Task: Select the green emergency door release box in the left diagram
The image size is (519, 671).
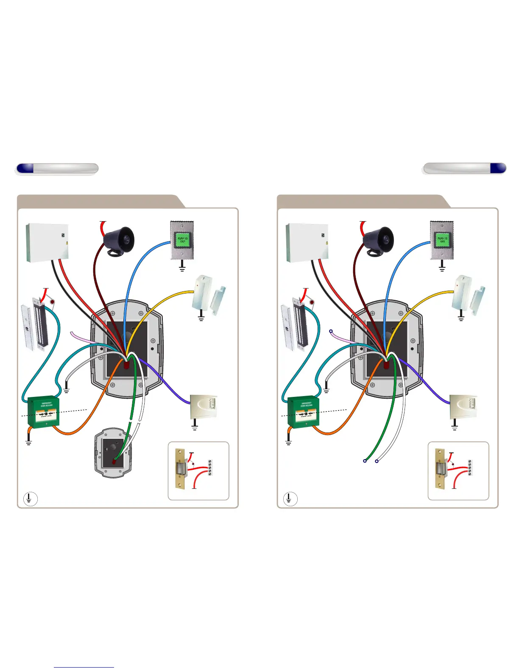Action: [x=43, y=413]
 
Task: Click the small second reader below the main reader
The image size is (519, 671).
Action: [x=113, y=453]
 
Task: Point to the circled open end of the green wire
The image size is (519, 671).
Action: [x=365, y=460]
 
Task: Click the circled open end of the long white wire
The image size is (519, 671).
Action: [x=377, y=461]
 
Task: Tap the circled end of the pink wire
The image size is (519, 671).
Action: [x=331, y=331]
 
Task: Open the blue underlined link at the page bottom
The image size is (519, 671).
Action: [x=84, y=667]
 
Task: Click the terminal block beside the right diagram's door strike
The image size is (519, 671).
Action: [x=469, y=468]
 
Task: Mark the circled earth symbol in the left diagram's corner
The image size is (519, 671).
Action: [x=29, y=499]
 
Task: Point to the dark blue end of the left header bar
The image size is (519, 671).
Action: [x=25, y=168]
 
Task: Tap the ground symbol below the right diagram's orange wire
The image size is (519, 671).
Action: [x=289, y=441]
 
